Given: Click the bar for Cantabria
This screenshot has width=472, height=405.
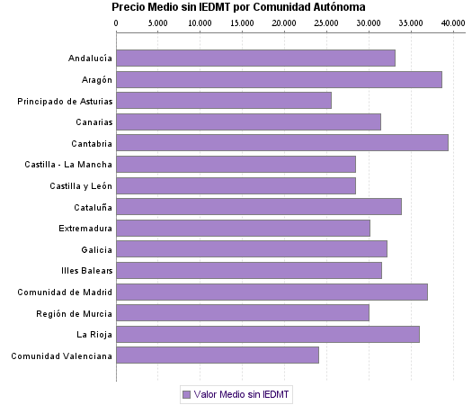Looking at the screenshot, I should click(x=281, y=142).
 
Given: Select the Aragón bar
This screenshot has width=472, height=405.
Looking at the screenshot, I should click(x=279, y=79).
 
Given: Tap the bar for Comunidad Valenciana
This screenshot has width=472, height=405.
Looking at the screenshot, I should click(x=217, y=355).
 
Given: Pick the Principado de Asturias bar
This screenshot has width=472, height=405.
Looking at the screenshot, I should click(x=223, y=100).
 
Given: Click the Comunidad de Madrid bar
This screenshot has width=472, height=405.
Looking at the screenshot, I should click(x=272, y=292).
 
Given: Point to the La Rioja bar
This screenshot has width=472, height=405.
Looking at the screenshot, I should click(x=267, y=334).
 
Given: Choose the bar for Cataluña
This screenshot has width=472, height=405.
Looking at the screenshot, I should click(x=258, y=206).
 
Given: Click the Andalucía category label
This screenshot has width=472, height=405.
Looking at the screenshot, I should click(x=90, y=58).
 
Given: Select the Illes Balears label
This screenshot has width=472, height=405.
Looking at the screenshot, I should click(x=85, y=270).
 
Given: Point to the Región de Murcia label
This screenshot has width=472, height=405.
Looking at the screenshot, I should click(x=76, y=312).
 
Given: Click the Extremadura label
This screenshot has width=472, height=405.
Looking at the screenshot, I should click(x=85, y=228).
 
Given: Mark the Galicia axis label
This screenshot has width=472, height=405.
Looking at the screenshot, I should click(x=96, y=249).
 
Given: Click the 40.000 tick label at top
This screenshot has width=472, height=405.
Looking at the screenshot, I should click(x=452, y=21).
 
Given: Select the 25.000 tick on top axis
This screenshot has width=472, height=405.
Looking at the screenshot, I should click(x=326, y=21).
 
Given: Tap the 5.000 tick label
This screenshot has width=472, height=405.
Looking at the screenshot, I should click(x=157, y=21).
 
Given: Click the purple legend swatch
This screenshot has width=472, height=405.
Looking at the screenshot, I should click(x=186, y=394).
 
